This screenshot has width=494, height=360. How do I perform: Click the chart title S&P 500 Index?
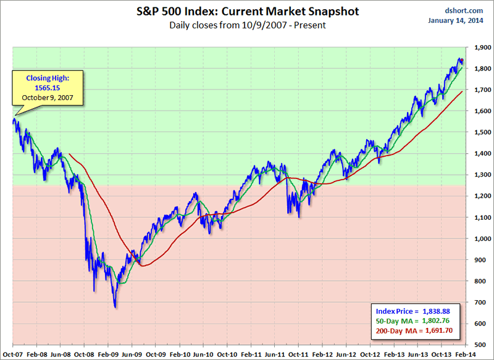coord(247,11)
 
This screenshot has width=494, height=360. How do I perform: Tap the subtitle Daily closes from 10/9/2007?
coord(247,26)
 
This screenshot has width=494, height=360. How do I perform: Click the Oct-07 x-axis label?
coord(13,354)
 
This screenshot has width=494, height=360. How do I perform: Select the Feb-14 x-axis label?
coord(466,354)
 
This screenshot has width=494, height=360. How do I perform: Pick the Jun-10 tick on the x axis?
coord(203,354)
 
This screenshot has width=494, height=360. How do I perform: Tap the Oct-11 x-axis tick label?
coord(299,354)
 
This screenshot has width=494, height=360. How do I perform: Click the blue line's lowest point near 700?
coord(115,307)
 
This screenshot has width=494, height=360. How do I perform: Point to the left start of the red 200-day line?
coord(69,154)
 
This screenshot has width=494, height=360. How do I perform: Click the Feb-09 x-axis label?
coord(108,354)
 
